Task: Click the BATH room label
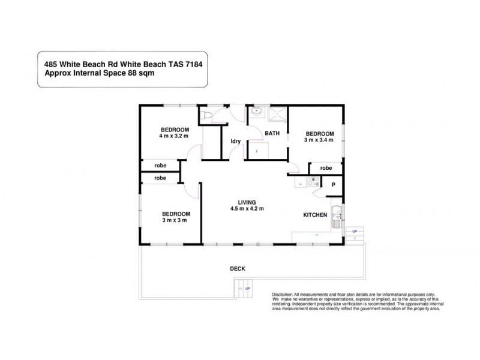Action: (x=272, y=133)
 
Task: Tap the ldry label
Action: (x=236, y=142)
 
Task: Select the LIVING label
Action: (x=247, y=202)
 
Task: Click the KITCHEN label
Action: (x=315, y=215)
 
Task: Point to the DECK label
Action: (x=238, y=268)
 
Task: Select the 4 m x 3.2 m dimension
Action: (x=174, y=136)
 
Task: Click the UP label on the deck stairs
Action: (x=248, y=289)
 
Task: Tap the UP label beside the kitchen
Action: (x=355, y=231)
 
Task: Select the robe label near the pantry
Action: (x=326, y=168)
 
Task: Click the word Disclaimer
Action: (x=282, y=295)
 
